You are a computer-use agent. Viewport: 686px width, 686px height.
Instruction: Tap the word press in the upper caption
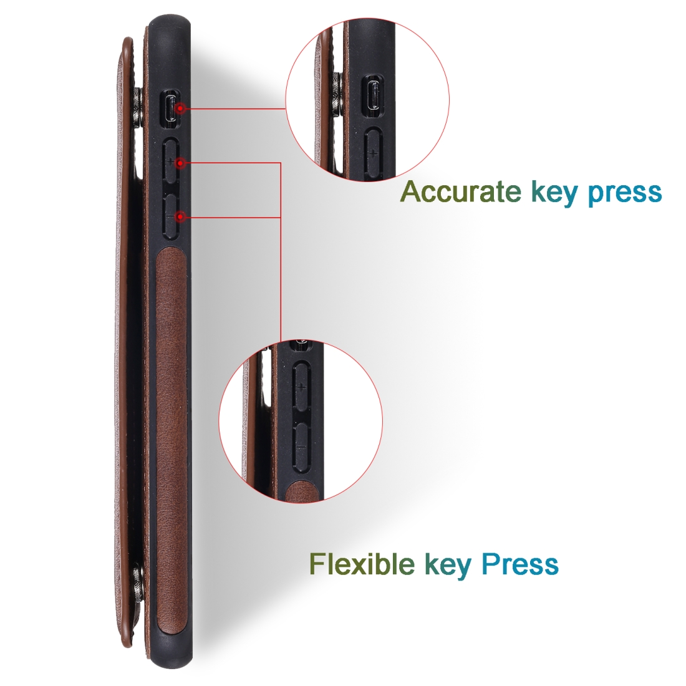pos(625,194)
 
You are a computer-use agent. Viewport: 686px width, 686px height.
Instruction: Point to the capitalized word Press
pos(519,564)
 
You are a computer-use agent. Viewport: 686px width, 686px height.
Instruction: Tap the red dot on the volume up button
pos(180,163)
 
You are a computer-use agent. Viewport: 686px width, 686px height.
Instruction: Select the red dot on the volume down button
pos(180,216)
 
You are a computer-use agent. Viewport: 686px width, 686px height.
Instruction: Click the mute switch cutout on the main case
pos(170,109)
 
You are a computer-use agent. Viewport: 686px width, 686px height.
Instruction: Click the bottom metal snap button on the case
pos(138,586)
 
